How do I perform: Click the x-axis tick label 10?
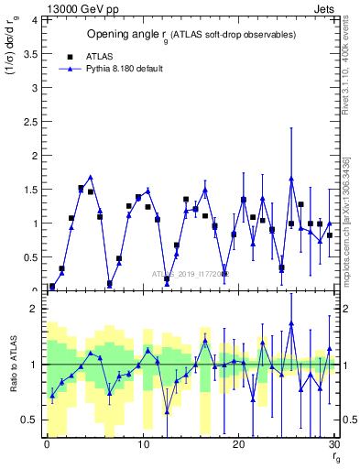tap(142, 443)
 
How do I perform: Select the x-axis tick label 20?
tap(238, 443)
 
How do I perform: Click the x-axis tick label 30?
tap(333, 443)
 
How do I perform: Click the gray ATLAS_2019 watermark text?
tap(191, 273)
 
